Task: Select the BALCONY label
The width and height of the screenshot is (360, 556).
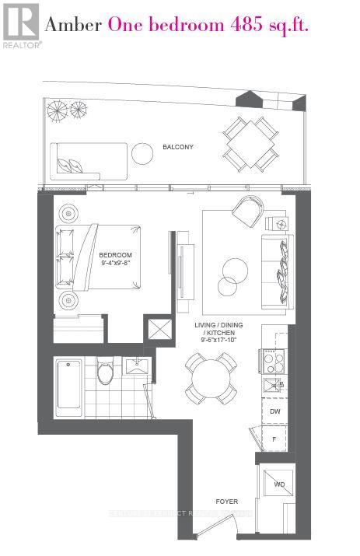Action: coord(177,147)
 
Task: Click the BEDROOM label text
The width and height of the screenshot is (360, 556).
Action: coord(115,255)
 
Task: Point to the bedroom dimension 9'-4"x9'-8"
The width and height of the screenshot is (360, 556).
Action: coord(115,264)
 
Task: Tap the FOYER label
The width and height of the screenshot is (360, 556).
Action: coord(227,502)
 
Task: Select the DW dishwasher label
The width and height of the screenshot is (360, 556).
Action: coord(274,411)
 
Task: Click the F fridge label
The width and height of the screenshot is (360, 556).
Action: coord(274,439)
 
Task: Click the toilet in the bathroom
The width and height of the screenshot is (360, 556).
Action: coord(105,373)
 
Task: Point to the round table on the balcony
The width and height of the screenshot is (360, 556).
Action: coord(142,153)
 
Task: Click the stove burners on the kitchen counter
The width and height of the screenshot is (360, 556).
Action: coord(274,359)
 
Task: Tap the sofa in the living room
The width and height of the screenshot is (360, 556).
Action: coord(279,260)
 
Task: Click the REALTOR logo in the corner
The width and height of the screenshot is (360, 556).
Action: coord(20,24)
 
